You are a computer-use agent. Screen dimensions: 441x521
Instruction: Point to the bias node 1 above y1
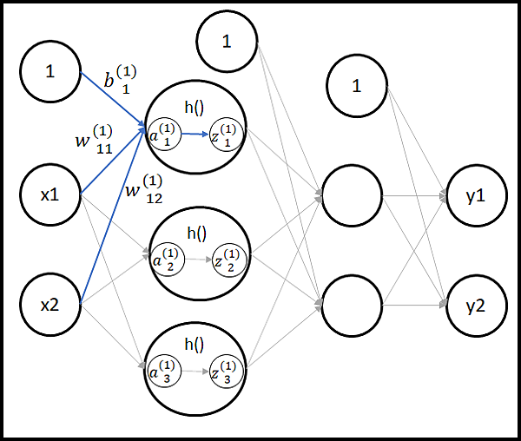[356, 85]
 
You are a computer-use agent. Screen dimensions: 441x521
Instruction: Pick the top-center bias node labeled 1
[227, 39]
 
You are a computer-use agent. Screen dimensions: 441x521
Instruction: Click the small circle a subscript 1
[165, 135]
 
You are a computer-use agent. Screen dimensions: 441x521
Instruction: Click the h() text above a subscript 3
[195, 343]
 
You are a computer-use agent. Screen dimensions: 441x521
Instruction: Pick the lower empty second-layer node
[353, 303]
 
